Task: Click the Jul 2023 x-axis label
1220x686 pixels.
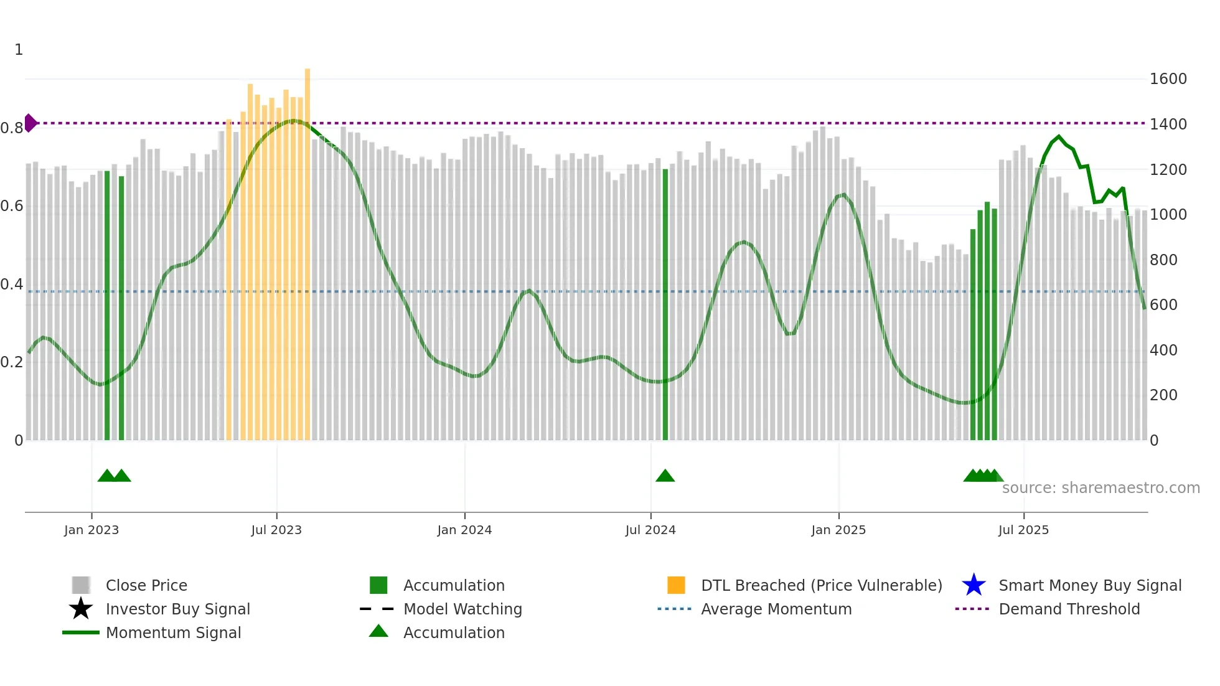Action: tap(276, 530)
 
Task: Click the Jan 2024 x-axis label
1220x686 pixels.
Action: tap(464, 530)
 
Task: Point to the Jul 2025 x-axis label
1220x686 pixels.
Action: tap(1023, 530)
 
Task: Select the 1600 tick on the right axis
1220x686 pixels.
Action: tap(1168, 79)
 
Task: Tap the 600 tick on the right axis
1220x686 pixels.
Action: tap(1163, 305)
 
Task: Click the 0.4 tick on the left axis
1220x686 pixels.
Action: tap(12, 284)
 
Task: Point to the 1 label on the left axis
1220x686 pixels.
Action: tap(19, 50)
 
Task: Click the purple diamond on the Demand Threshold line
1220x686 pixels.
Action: tap(30, 123)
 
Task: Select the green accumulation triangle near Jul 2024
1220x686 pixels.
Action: tap(665, 476)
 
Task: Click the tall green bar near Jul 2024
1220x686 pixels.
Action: tap(665, 305)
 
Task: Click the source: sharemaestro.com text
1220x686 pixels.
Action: tap(1100, 488)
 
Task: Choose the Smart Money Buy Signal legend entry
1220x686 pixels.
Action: tap(1089, 586)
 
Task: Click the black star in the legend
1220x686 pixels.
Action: tap(81, 609)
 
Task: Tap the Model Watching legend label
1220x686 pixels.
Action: tap(462, 609)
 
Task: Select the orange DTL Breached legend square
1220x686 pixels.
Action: tap(676, 585)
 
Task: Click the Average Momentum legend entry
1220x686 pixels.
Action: tap(776, 609)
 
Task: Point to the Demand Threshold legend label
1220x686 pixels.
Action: tap(1069, 609)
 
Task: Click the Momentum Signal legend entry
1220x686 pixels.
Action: tap(173, 633)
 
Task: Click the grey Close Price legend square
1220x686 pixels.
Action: tap(81, 585)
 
